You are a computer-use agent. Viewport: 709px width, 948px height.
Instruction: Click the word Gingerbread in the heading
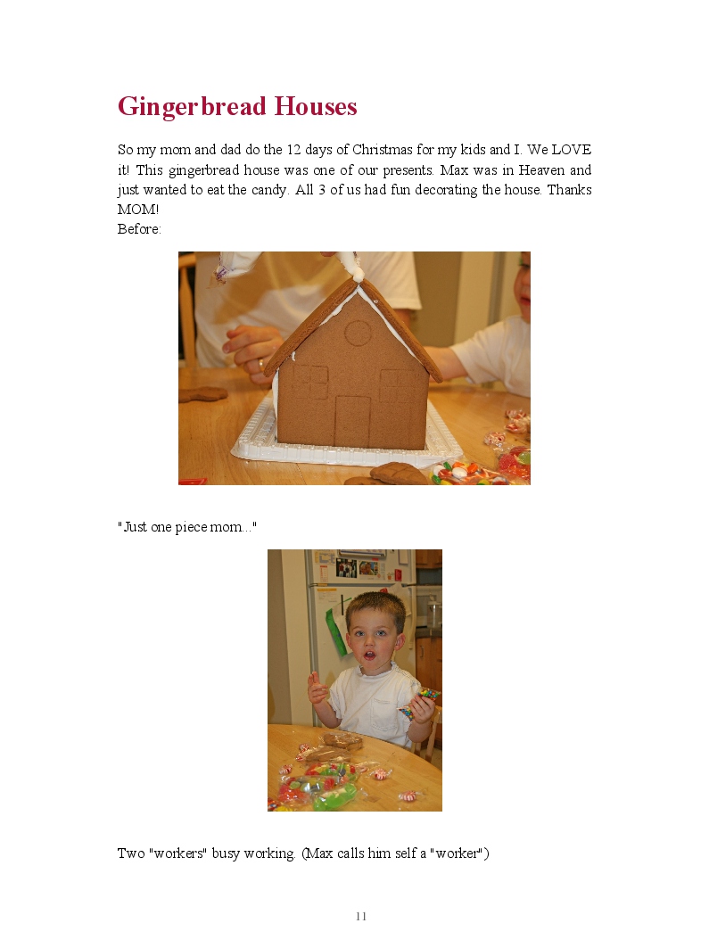(x=192, y=107)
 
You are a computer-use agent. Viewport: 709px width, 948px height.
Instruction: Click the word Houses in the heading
(x=316, y=106)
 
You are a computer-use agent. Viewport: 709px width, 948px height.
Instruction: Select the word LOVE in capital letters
(x=571, y=149)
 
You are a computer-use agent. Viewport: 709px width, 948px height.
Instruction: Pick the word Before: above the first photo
(x=139, y=229)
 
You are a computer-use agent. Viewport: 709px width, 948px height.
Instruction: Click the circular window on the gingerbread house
(x=358, y=334)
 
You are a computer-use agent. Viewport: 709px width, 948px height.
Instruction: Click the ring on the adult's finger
(x=260, y=365)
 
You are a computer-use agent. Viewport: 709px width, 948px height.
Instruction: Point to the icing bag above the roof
(x=237, y=267)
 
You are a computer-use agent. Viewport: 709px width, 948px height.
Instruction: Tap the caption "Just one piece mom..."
(x=187, y=527)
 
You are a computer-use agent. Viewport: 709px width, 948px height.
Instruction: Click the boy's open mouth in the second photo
(x=372, y=655)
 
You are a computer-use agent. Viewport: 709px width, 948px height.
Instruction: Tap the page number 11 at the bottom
(x=361, y=917)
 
